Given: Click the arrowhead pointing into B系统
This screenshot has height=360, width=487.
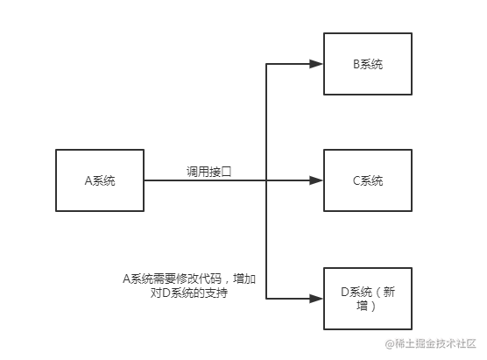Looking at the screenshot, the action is [316, 64].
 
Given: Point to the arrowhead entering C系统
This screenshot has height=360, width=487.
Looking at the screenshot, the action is [316, 180].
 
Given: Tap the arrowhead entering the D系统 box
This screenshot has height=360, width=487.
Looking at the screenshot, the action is [316, 299].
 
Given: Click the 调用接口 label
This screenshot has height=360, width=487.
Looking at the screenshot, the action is [209, 172].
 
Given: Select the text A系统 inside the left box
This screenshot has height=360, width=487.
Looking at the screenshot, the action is [100, 180].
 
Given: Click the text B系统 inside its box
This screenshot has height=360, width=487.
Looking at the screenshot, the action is [368, 64].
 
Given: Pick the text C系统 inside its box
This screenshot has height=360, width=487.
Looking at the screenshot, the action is [368, 180].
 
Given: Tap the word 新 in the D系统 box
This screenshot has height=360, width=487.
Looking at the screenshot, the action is [389, 292].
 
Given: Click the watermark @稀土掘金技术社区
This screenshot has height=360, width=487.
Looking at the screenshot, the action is [430, 343].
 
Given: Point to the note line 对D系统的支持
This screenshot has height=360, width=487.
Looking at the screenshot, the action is [189, 293].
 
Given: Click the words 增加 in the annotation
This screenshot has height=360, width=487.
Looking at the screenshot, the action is [244, 279].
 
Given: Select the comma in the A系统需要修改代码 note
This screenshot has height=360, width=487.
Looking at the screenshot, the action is [226, 282].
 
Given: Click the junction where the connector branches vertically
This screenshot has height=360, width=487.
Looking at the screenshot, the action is [266, 180].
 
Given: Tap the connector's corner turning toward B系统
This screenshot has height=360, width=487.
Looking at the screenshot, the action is [266, 64].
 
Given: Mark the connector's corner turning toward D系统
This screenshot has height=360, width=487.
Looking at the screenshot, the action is [266, 299].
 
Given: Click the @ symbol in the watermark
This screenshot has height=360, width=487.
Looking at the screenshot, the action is [390, 344].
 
